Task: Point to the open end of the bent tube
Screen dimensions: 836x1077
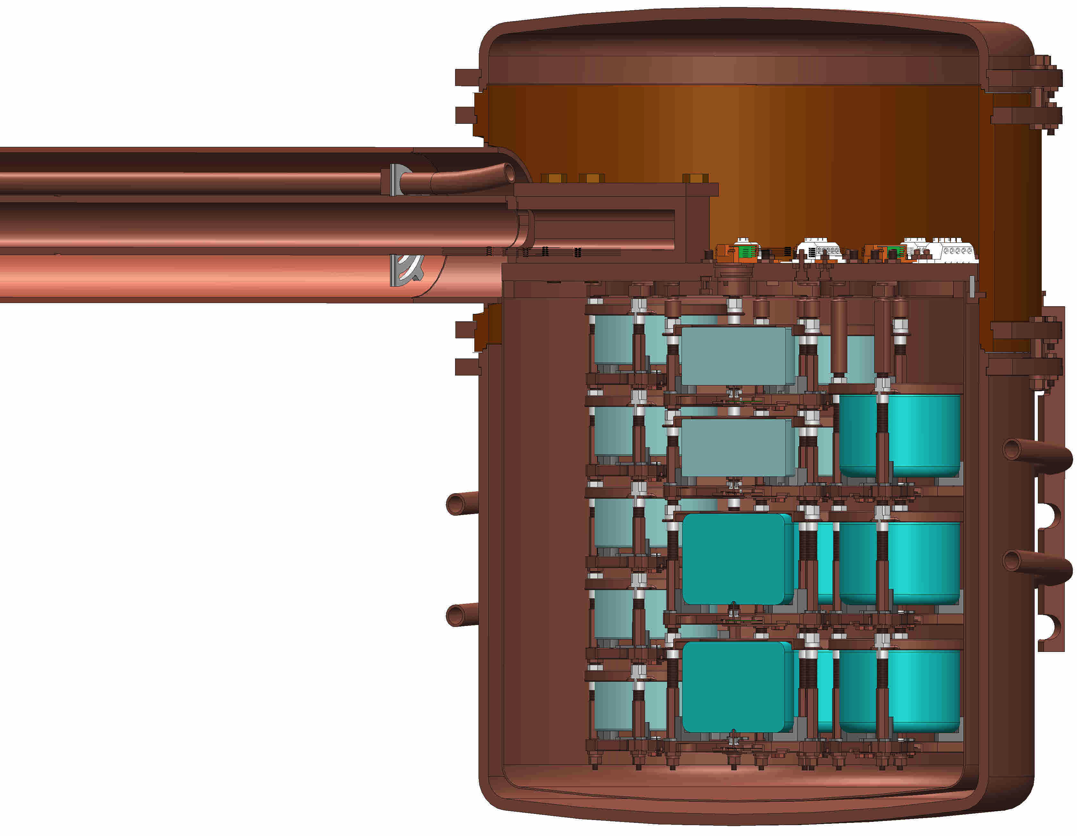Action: point(509,173)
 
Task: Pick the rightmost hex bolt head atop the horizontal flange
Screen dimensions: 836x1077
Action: point(695,178)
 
